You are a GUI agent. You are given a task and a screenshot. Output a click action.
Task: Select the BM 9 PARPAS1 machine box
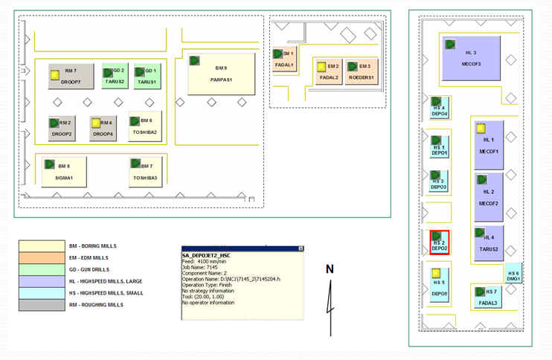click(216, 74)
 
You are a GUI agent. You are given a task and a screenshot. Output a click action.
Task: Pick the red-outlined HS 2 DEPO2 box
click(440, 242)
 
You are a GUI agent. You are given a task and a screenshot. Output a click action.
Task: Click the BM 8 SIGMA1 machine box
click(64, 172)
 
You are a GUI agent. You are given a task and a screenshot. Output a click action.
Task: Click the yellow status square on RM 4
click(95, 123)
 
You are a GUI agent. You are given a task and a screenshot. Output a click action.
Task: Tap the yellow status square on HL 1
click(481, 129)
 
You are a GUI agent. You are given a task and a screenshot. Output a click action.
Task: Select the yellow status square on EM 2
click(321, 66)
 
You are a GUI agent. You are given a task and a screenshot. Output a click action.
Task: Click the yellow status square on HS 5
click(437, 274)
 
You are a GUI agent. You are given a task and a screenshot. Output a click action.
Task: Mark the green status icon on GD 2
click(107, 71)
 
